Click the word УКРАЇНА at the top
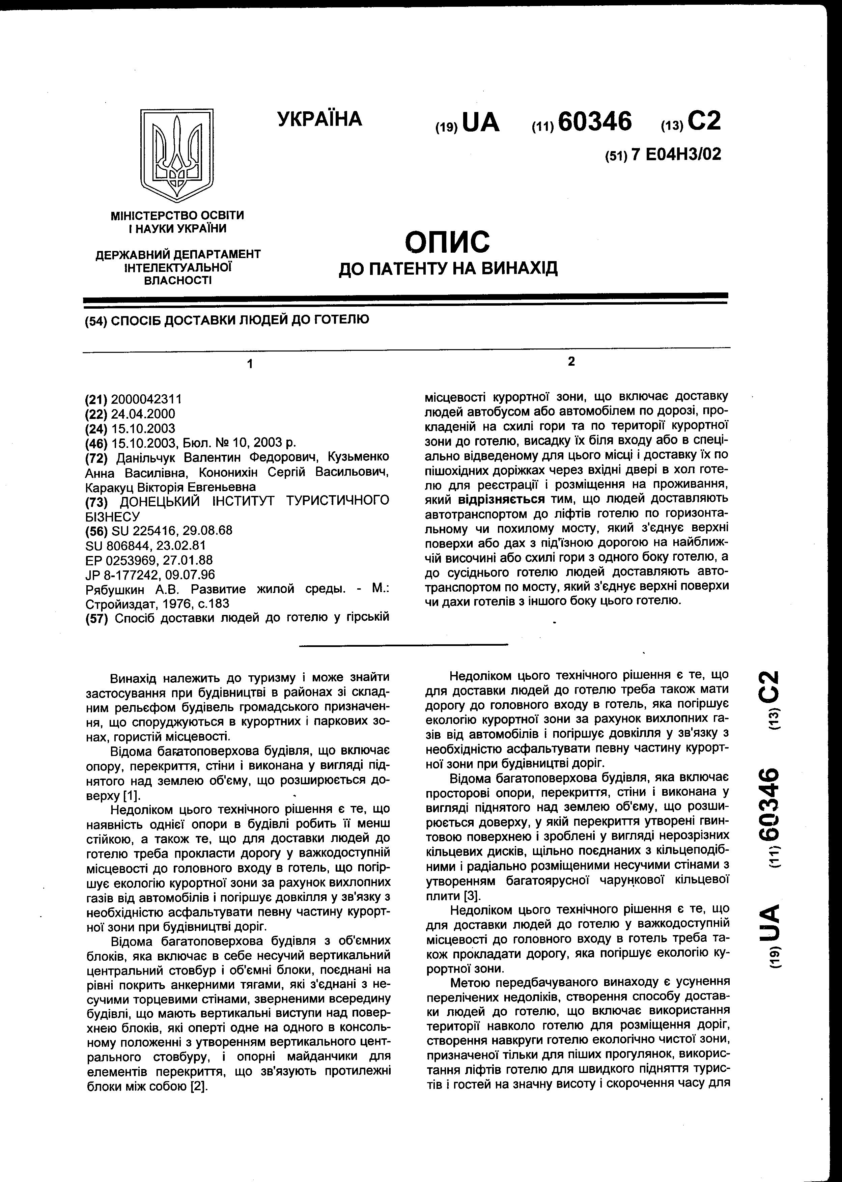click(319, 119)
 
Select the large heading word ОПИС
click(447, 242)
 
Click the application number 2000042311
click(146, 399)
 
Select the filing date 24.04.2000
click(143, 414)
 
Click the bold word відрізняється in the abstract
click(501, 499)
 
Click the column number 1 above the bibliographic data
click(250, 364)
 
